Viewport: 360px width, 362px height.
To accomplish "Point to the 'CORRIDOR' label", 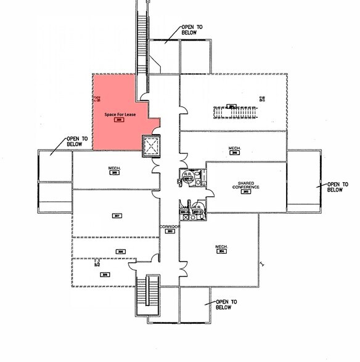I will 170,227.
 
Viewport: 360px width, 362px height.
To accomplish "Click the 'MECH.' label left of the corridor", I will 114,169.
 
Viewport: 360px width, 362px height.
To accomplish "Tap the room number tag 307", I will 117,215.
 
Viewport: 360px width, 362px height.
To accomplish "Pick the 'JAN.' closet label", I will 183,207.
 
